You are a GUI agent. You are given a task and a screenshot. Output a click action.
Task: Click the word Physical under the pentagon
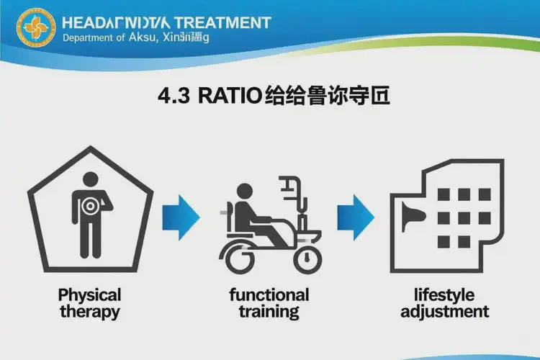point(89,295)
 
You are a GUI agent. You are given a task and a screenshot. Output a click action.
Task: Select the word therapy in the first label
point(90,312)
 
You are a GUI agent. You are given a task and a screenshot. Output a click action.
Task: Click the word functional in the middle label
point(269,295)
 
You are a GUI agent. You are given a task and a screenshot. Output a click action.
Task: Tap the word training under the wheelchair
point(269,312)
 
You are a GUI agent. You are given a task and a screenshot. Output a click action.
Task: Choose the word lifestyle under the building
point(445,295)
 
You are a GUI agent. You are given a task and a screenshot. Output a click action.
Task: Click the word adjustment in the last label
point(445,312)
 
